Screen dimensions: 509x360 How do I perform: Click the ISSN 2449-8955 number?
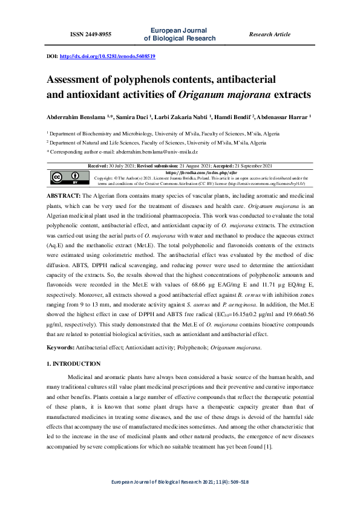(x=91, y=34)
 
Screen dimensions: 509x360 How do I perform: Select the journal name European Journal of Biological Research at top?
(x=179, y=34)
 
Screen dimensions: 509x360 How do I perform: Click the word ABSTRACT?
(x=63, y=197)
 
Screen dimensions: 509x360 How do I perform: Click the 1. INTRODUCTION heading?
(x=73, y=363)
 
